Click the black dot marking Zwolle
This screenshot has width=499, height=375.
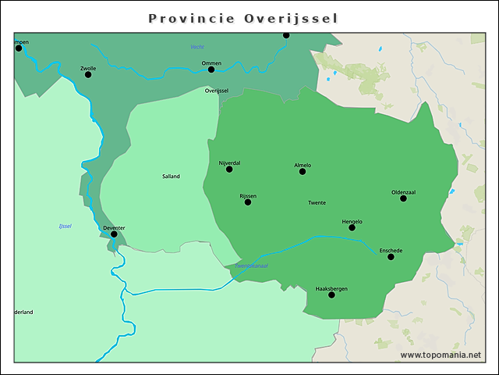(x=88, y=74)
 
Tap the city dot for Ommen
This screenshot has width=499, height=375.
(x=211, y=70)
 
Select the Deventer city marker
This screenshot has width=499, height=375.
(x=114, y=234)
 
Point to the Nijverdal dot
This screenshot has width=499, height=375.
(x=229, y=169)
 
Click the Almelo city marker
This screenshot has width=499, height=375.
(x=303, y=171)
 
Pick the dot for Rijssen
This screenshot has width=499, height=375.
(x=248, y=202)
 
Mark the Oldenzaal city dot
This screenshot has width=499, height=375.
(x=404, y=198)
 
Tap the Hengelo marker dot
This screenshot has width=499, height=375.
(x=352, y=227)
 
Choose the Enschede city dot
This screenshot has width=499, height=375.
(x=391, y=256)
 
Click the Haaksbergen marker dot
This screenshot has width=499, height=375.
(x=331, y=295)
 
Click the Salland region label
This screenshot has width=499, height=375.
(x=171, y=177)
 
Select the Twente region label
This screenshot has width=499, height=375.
(x=317, y=202)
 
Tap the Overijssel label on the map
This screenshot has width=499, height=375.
(x=216, y=91)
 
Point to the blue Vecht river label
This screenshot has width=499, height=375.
(x=197, y=47)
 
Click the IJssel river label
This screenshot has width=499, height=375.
(x=65, y=226)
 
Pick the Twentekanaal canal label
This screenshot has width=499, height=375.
(x=251, y=266)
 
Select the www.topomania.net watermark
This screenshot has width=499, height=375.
(x=441, y=355)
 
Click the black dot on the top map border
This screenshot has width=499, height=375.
(x=286, y=35)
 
